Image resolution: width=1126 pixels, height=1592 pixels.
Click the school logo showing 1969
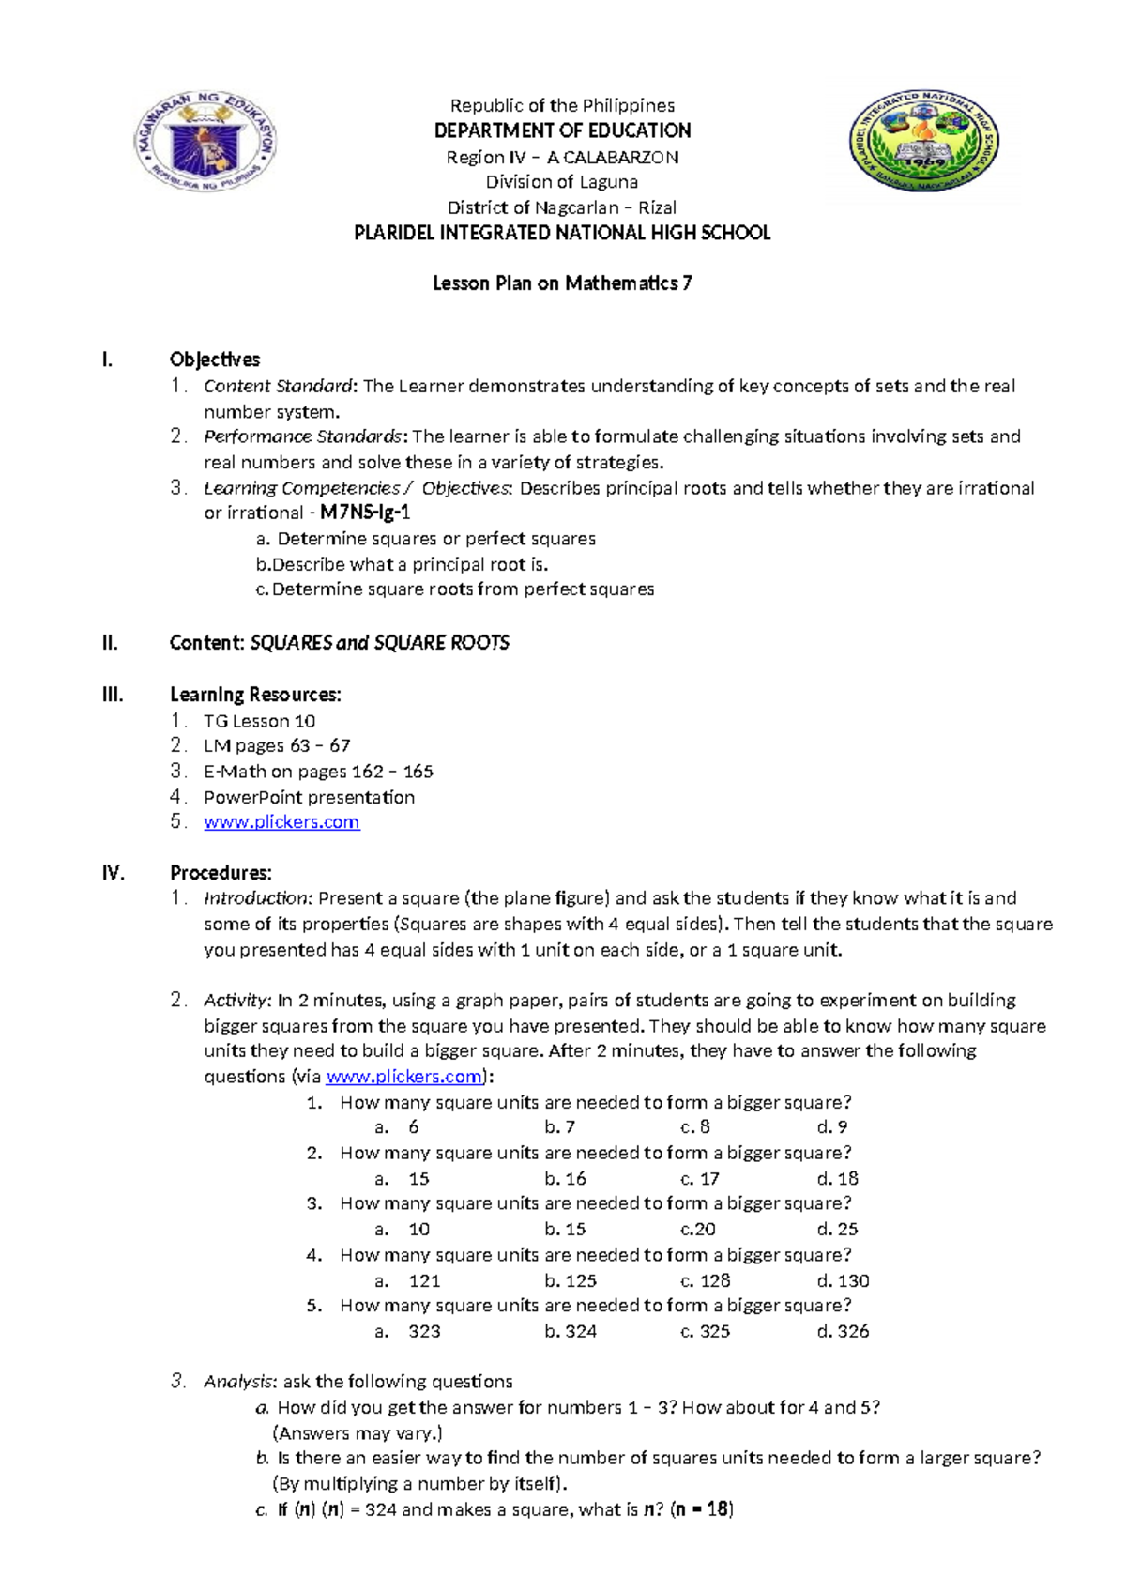(x=924, y=142)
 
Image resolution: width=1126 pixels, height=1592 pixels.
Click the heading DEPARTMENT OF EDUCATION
(x=562, y=130)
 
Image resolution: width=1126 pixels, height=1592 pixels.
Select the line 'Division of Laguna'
(x=561, y=182)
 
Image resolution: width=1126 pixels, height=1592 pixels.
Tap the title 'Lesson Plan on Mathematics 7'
(x=562, y=283)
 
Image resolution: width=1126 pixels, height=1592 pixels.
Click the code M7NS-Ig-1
(x=365, y=513)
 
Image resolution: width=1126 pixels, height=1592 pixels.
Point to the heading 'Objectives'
(x=215, y=360)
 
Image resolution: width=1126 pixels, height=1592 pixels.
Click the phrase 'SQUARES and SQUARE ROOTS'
(x=380, y=643)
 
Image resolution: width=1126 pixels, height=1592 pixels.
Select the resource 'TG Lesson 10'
(x=259, y=721)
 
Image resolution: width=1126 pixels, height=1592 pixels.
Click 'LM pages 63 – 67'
(x=277, y=745)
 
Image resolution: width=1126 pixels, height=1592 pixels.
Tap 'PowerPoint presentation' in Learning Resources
(x=309, y=797)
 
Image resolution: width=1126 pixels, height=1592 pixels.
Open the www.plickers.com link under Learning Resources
(x=281, y=822)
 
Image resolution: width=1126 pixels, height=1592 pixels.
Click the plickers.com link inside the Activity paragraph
(x=403, y=1077)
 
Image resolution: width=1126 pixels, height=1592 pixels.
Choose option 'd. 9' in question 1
(x=832, y=1127)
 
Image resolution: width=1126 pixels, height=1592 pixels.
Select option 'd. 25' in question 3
(x=837, y=1230)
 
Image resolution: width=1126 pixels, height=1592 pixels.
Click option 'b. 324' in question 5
(x=571, y=1332)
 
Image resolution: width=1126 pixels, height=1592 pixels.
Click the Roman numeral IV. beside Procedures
(x=114, y=873)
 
